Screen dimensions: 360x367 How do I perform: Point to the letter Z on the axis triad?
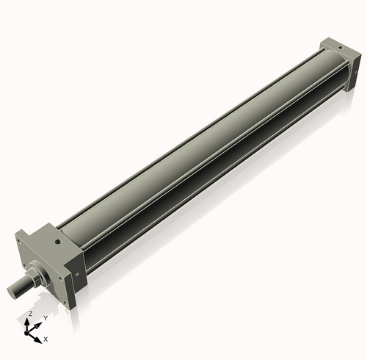click(29, 313)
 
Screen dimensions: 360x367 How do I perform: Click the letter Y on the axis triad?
click(46, 317)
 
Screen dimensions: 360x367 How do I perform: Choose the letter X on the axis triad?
click(46, 339)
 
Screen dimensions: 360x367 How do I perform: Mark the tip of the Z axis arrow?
click(29, 320)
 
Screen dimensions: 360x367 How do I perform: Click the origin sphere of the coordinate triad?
click(30, 331)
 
